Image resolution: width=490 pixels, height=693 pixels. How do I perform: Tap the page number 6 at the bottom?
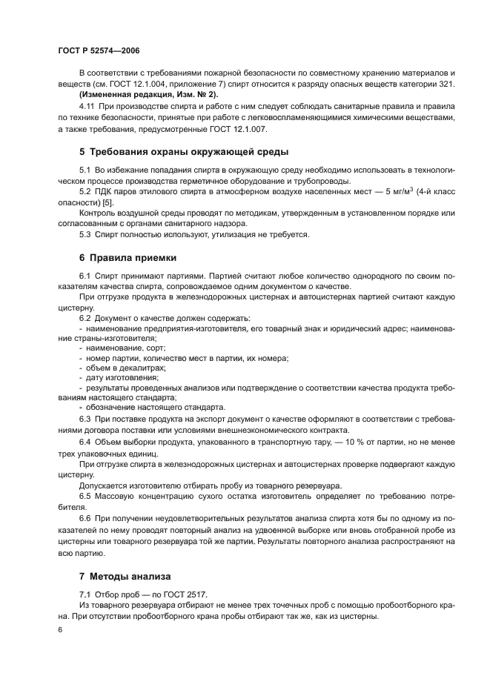60,629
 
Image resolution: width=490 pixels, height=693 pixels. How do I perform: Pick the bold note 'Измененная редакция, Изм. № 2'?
149,95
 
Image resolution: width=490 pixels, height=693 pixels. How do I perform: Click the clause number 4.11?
88,107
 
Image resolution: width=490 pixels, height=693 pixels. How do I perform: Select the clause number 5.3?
85,234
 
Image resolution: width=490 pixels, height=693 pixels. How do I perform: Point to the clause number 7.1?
85,594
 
